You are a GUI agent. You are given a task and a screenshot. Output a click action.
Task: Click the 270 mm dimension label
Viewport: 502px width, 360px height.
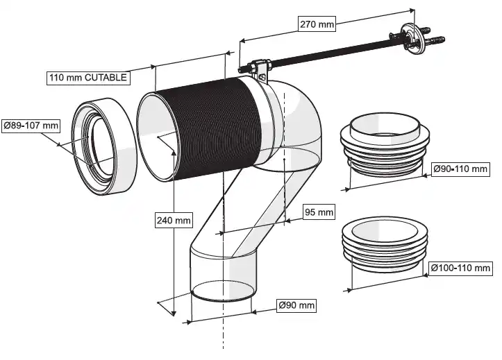pos(317,24)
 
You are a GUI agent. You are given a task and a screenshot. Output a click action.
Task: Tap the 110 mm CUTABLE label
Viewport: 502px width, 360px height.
pos(87,77)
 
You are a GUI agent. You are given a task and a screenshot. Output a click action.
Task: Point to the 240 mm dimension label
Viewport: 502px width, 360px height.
pos(173,221)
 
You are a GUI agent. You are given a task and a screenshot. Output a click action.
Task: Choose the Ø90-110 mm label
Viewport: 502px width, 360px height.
pos(461,169)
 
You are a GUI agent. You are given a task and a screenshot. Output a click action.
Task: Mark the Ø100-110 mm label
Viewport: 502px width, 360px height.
pos(460,267)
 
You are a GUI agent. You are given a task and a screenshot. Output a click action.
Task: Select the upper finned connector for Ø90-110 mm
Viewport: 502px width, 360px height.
pos(380,149)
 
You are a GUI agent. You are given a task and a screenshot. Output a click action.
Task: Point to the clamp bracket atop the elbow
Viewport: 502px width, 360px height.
pos(260,67)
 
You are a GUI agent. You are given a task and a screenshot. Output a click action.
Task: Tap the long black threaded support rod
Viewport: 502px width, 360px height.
pos(326,53)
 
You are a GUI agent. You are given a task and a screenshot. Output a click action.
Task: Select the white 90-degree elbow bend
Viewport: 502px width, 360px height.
pos(295,118)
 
